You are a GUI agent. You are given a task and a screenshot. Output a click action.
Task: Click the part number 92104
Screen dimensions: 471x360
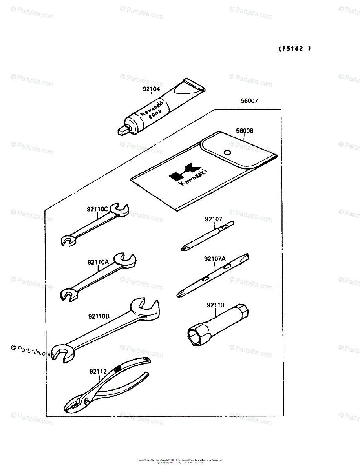(151, 89)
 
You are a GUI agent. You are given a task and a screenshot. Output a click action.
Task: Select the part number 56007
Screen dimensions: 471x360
(249, 101)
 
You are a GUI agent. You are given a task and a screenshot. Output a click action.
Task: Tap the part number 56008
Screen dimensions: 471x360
(244, 131)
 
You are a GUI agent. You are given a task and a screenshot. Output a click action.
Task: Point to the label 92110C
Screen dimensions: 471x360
(98, 209)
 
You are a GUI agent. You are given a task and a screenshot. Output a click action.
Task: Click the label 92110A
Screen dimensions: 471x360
(98, 262)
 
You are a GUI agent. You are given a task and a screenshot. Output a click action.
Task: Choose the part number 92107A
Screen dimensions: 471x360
(215, 259)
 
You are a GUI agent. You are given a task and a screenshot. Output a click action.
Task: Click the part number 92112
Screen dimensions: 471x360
(98, 371)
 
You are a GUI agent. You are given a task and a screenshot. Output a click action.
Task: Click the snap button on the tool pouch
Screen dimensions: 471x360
(227, 152)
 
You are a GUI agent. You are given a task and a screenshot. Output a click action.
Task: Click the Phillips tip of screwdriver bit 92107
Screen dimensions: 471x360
(183, 248)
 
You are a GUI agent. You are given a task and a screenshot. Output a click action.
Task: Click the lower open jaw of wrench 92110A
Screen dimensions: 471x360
(68, 295)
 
